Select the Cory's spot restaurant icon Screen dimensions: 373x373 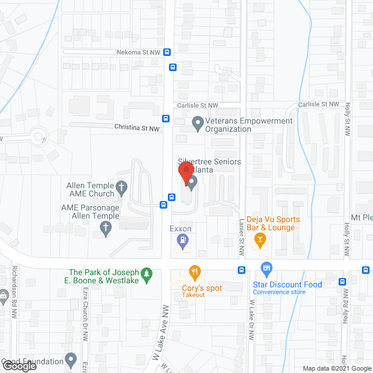[195, 272]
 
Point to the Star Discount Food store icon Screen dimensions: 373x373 [267, 270]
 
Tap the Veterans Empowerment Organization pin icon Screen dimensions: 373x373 [197, 124]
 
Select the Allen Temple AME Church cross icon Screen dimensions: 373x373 [121, 188]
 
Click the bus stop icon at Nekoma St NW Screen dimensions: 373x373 [167, 52]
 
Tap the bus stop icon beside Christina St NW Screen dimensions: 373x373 [166, 119]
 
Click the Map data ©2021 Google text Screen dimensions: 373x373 [336, 368]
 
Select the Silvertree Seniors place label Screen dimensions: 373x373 [201, 165]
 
